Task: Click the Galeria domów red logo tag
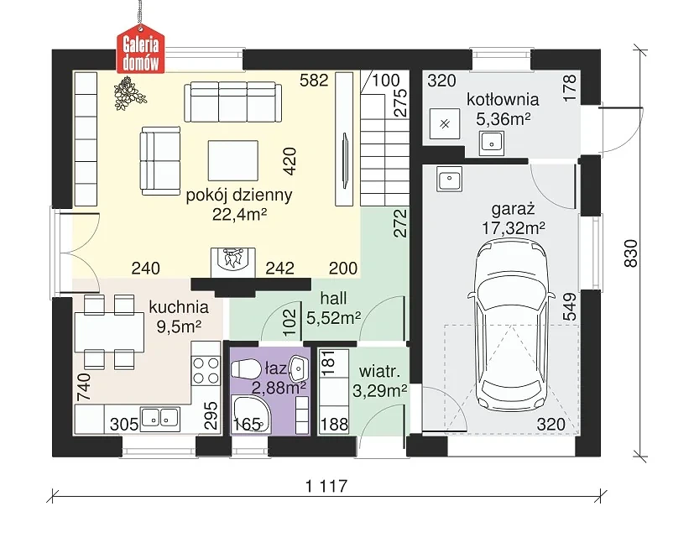tap(140, 52)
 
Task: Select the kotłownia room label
tap(503, 100)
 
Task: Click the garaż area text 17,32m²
tap(514, 228)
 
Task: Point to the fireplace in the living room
tap(232, 261)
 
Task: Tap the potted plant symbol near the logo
tap(130, 93)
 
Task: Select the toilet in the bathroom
tap(247, 369)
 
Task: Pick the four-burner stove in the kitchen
tap(206, 370)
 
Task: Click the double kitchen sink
tap(159, 418)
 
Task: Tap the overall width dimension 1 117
tap(326, 487)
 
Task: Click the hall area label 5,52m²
tap(334, 317)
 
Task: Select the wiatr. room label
tap(380, 371)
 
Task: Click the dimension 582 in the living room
tap(314, 80)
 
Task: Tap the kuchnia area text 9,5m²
tap(179, 326)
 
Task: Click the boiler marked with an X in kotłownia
tap(446, 124)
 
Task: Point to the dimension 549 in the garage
tap(570, 306)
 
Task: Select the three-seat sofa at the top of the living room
tap(232, 102)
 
